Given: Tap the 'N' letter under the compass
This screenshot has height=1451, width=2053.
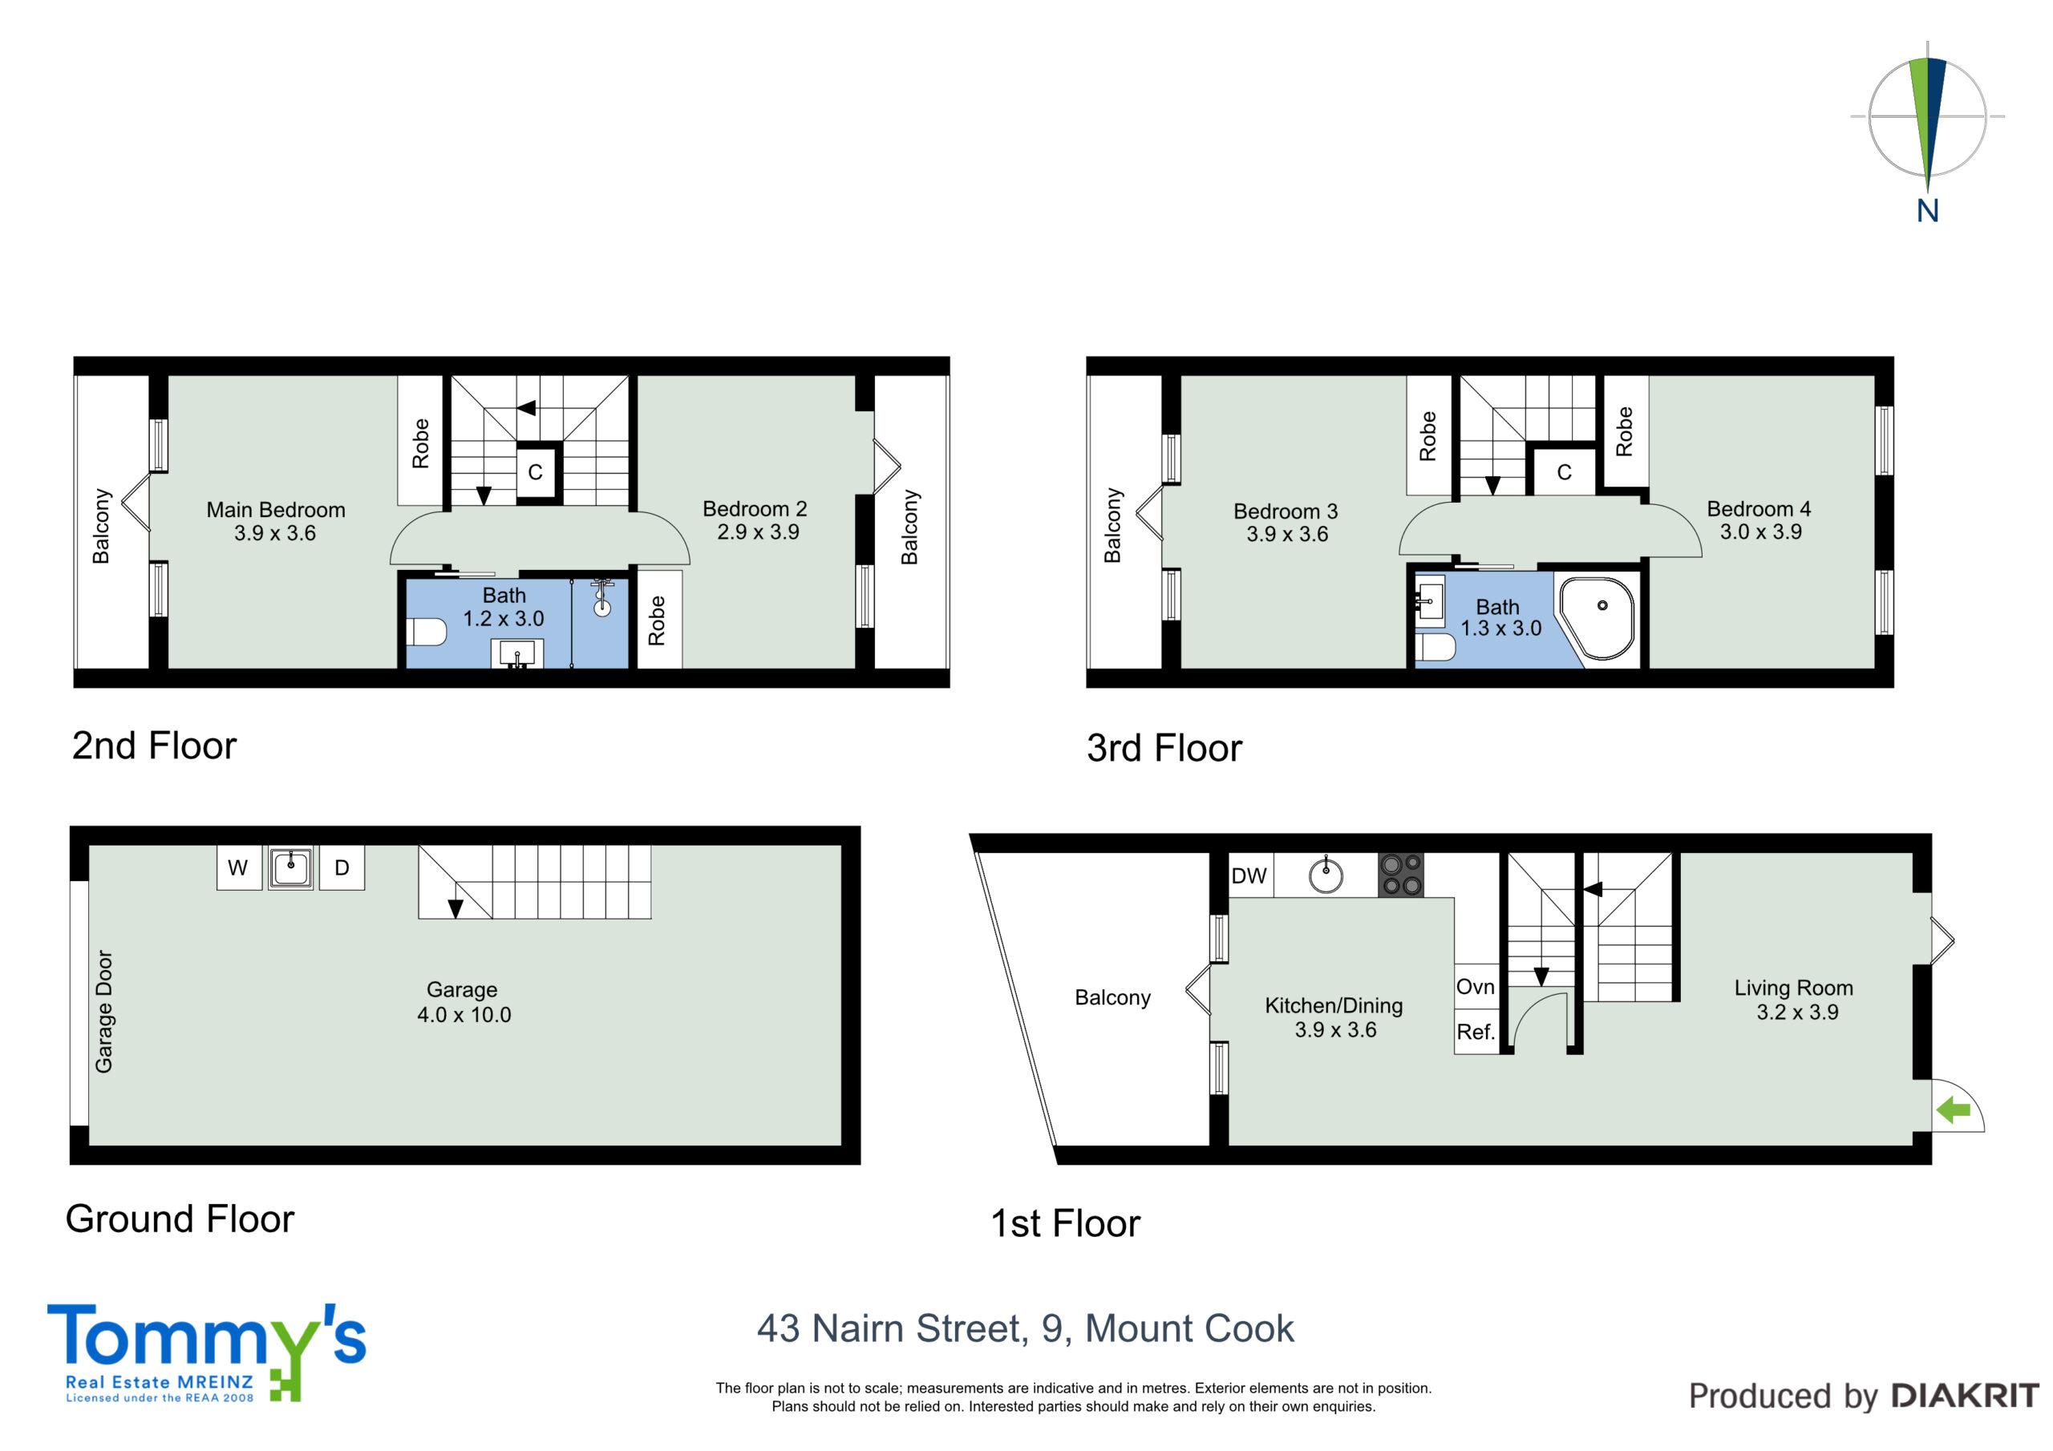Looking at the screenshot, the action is pyautogui.click(x=1927, y=211).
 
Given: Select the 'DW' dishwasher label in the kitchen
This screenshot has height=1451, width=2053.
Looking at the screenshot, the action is pyautogui.click(x=1249, y=875).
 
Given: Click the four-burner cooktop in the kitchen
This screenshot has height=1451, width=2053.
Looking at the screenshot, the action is pyautogui.click(x=1400, y=875).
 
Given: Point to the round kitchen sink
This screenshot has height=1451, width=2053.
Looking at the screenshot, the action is pyautogui.click(x=1325, y=875).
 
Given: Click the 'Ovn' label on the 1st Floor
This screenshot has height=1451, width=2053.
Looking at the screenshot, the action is pyautogui.click(x=1476, y=987).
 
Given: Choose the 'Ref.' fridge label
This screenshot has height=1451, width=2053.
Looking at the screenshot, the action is pyautogui.click(x=1476, y=1033).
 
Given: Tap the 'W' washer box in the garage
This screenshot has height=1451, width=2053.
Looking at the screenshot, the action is pyautogui.click(x=239, y=867).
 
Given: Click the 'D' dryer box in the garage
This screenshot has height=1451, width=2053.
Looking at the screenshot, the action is pyautogui.click(x=342, y=867).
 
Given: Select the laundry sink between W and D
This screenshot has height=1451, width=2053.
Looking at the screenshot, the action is pyautogui.click(x=290, y=867).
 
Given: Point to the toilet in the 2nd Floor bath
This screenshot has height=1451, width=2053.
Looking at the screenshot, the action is pyautogui.click(x=427, y=632).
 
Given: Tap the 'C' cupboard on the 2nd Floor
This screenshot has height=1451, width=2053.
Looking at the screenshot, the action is pyautogui.click(x=536, y=472).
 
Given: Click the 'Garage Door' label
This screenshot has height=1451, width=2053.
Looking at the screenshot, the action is pyautogui.click(x=104, y=1011).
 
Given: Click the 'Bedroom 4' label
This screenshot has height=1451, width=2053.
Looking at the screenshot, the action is pyautogui.click(x=1759, y=509).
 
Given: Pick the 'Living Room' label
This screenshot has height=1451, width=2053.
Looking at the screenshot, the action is pyautogui.click(x=1794, y=988).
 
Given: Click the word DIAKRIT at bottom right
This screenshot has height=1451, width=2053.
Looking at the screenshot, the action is pyautogui.click(x=1966, y=1396).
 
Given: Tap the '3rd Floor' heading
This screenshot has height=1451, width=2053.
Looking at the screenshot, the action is pyautogui.click(x=1164, y=748).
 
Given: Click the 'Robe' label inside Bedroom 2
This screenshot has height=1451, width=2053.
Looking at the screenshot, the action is pyautogui.click(x=658, y=620).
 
